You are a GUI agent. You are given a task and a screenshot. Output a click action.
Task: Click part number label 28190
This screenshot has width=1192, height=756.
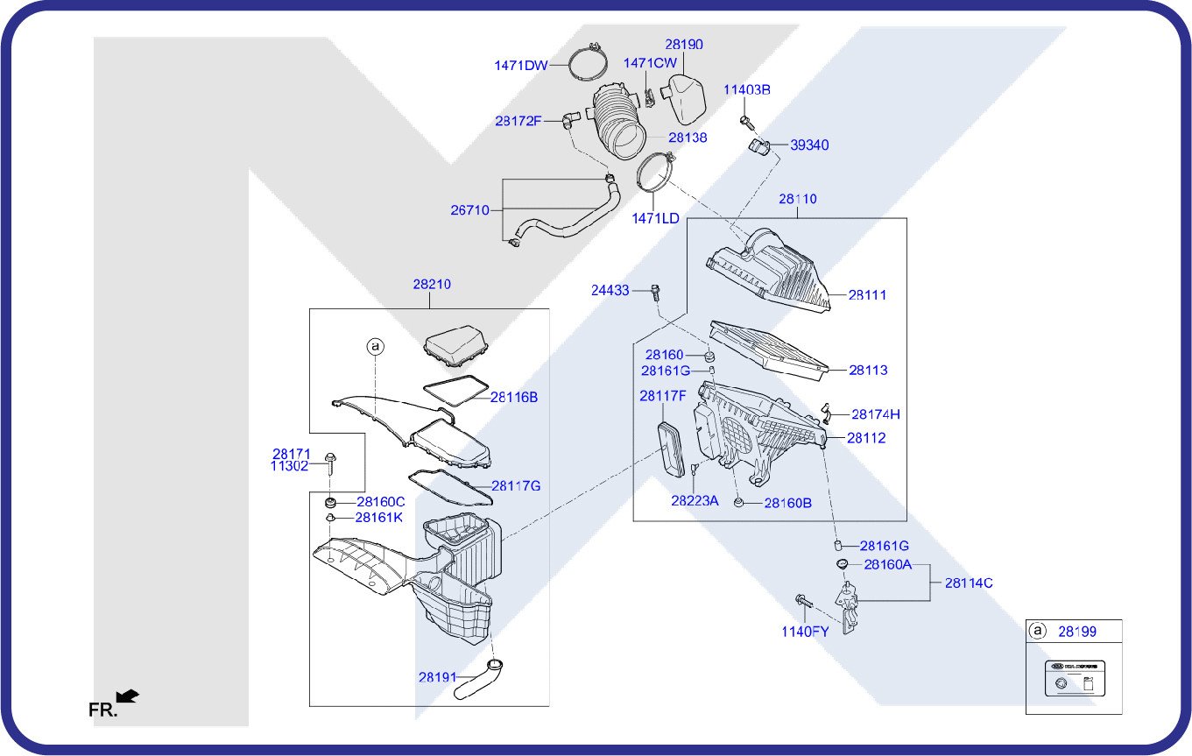[684, 45]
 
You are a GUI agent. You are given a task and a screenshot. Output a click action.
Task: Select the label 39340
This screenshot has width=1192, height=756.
[809, 145]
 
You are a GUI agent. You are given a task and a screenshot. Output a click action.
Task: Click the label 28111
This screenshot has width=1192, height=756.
[867, 295]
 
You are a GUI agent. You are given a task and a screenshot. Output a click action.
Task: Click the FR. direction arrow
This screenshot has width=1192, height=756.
[128, 696]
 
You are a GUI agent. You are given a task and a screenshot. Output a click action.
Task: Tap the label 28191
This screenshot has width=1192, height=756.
[437, 677]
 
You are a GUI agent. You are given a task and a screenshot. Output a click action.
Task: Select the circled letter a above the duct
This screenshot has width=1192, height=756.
[376, 347]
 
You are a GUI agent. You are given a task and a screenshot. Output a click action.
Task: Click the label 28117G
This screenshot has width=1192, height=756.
[516, 485]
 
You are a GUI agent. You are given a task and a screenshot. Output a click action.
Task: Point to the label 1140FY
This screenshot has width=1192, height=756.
[805, 632]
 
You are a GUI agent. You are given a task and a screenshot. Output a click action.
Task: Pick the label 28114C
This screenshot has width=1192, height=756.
[969, 583]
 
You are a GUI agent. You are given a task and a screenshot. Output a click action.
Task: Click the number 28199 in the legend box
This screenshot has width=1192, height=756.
[1076, 631]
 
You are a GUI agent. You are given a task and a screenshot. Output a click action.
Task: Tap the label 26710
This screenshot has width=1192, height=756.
[469, 210]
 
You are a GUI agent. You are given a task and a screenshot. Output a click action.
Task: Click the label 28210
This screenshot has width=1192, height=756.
[432, 285]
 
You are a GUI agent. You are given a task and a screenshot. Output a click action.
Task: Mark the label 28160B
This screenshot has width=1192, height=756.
[787, 504]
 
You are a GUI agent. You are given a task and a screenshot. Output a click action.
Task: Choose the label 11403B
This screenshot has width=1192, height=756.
[746, 89]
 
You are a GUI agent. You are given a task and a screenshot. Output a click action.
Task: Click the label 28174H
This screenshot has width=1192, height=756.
[876, 414]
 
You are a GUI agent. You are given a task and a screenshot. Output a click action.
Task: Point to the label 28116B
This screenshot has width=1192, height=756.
[514, 397]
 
